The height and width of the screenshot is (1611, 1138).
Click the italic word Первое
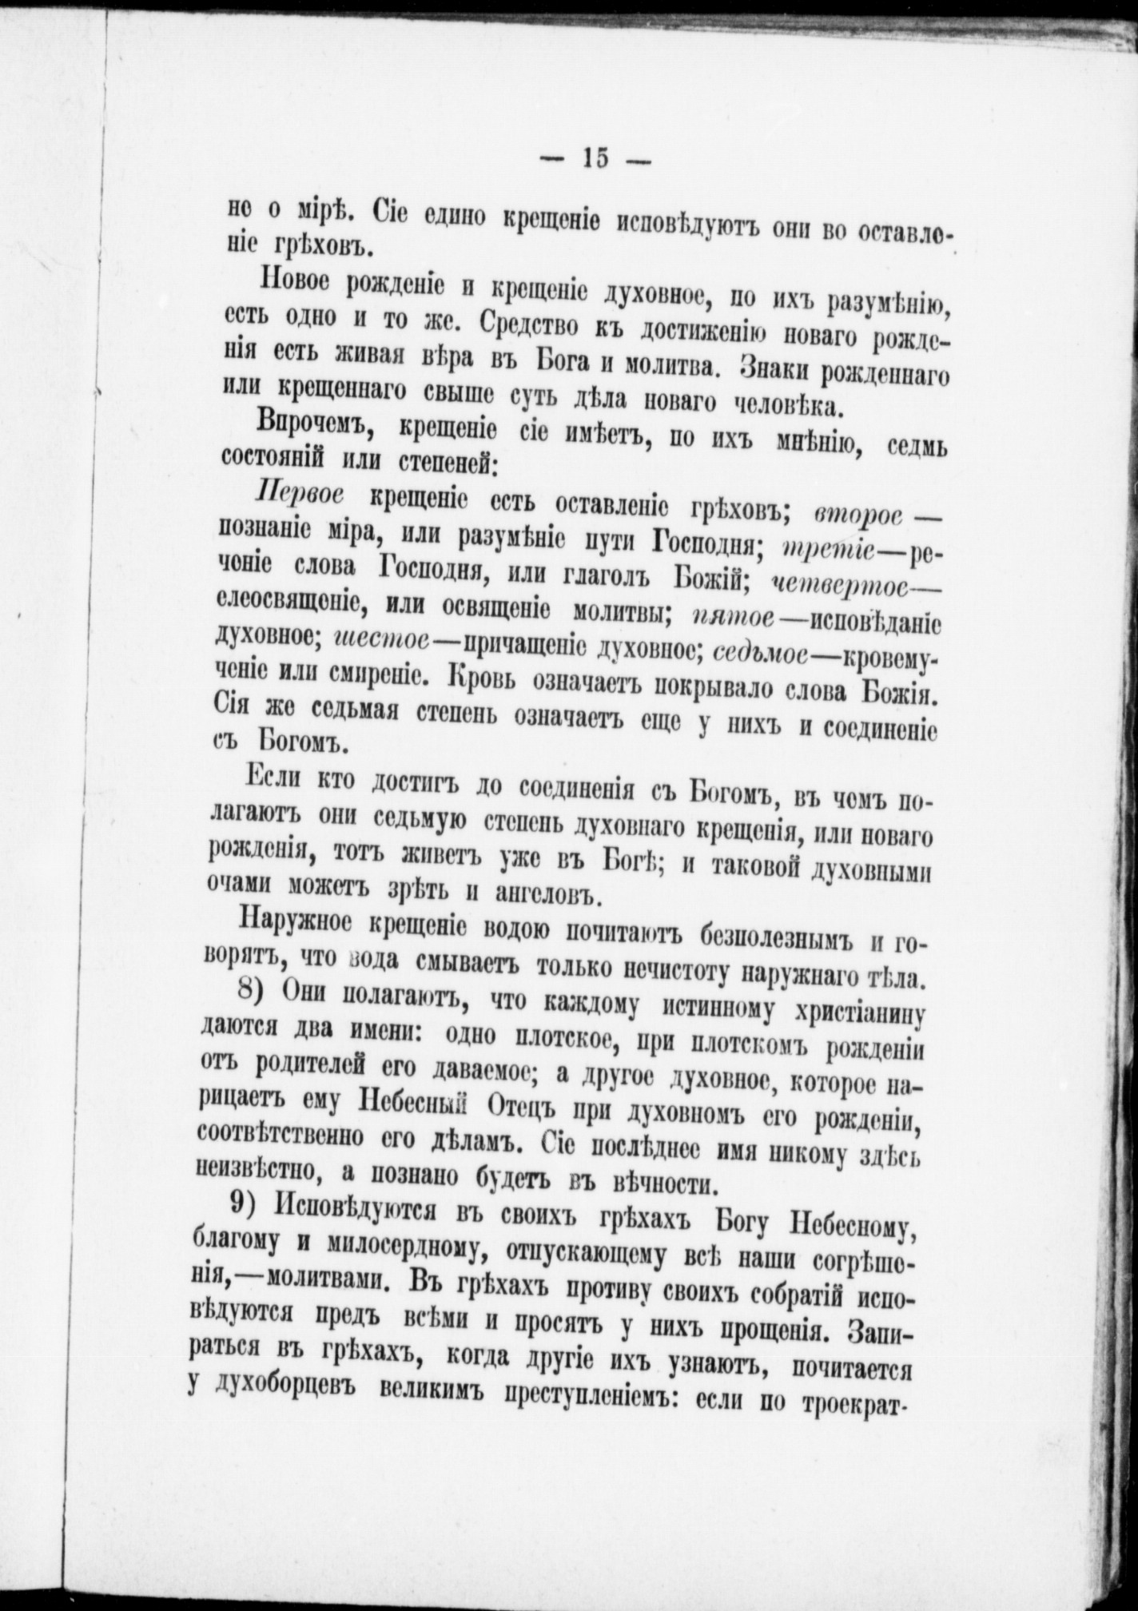pyautogui.click(x=298, y=496)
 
